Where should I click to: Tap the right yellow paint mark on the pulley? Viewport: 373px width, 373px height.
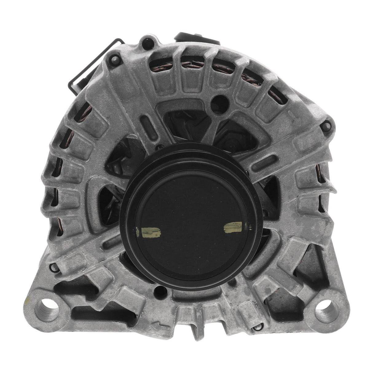(x=235, y=228)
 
